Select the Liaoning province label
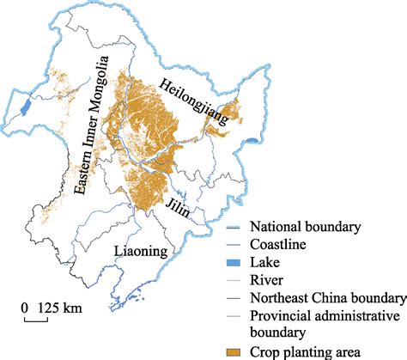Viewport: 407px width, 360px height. click(142, 250)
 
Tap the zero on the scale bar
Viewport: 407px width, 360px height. click(26, 308)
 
